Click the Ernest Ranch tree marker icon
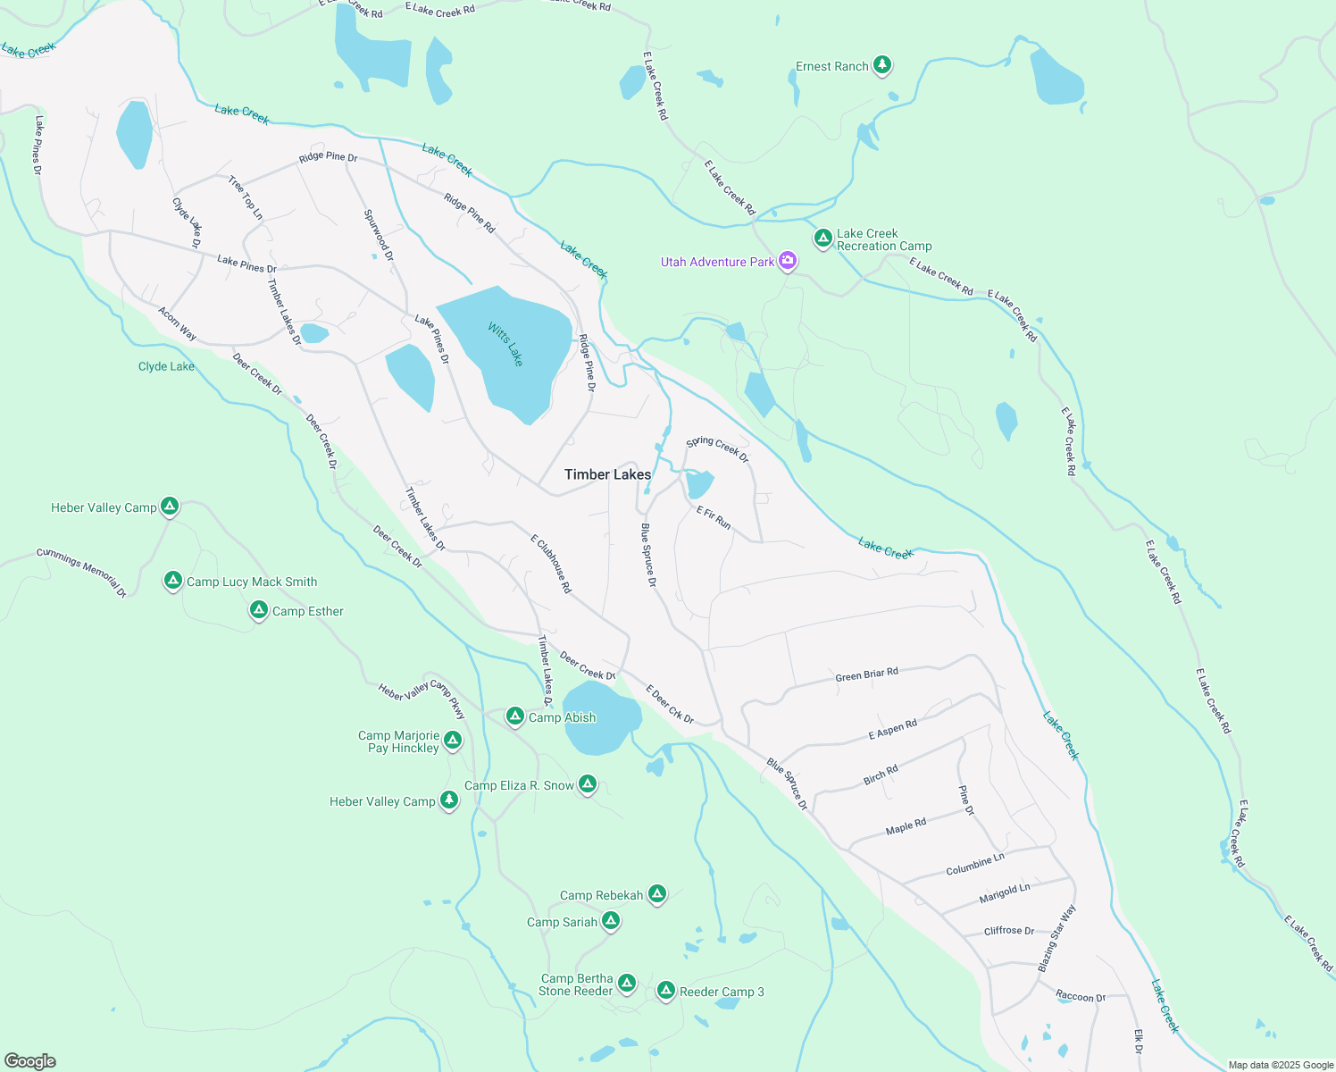tap(882, 65)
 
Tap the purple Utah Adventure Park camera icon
tap(788, 261)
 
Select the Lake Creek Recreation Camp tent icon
tap(823, 239)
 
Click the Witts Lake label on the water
tap(505, 344)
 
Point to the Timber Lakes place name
tap(607, 474)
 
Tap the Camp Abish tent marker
tap(515, 716)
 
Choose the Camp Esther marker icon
tap(259, 610)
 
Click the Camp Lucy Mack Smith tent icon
tap(173, 581)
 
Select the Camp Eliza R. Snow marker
tap(587, 784)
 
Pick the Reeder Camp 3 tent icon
tap(666, 991)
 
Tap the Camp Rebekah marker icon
tap(657, 894)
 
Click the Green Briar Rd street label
tap(866, 674)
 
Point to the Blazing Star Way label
tap(1057, 938)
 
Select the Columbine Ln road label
tap(975, 864)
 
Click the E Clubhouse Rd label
tap(550, 565)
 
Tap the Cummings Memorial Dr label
tap(81, 572)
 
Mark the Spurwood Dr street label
tap(379, 235)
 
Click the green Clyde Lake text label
tap(166, 366)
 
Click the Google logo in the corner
tap(29, 1061)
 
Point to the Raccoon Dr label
tap(1081, 996)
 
